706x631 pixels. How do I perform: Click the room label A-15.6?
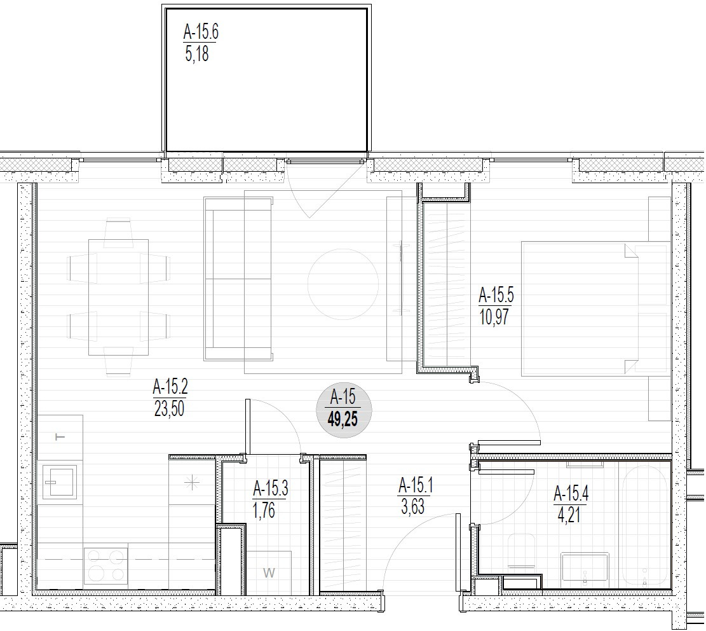pos(201,32)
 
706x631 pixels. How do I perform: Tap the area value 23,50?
pos(169,408)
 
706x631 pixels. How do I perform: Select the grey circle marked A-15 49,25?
pos(344,410)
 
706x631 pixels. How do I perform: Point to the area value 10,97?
pos(494,317)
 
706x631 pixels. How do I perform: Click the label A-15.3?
pos(271,489)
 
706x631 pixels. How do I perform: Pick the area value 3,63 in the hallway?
pos(412,506)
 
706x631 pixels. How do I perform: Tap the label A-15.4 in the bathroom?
pos(571,494)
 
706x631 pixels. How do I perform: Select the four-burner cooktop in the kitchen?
pos(106,565)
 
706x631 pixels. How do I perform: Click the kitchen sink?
pos(60,482)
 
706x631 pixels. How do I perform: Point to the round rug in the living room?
pos(343,284)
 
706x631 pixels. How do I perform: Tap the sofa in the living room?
pos(238,279)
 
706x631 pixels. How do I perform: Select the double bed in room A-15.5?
pos(596,309)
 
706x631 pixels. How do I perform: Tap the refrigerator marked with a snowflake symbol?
pos(193,483)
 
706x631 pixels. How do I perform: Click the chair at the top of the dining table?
pos(118,233)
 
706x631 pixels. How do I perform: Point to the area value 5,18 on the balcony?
pos(197,53)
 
